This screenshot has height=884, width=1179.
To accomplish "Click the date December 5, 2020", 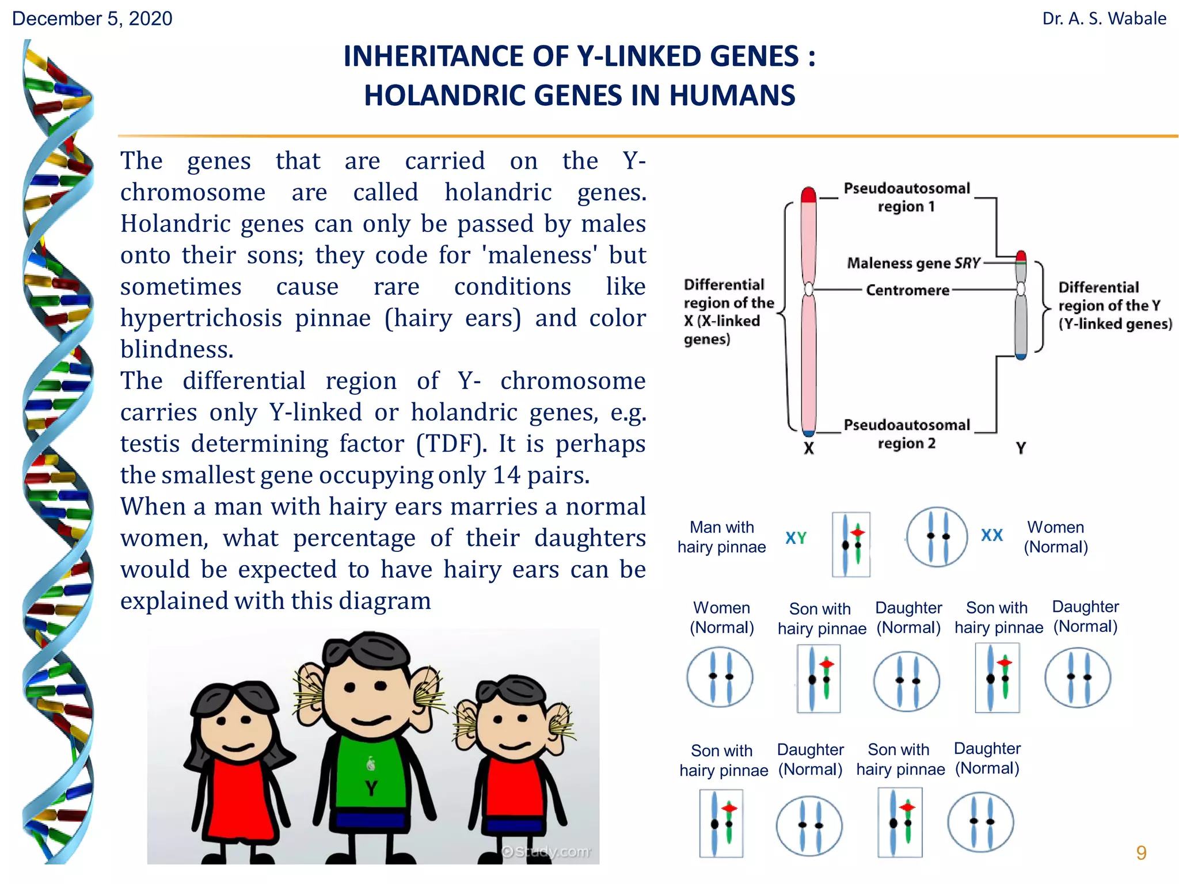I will coord(92,18).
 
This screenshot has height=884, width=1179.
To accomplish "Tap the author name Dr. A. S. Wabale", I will coord(1104,18).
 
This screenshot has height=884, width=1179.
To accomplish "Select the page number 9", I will coord(1141,852).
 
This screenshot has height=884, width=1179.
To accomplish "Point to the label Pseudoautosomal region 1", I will coord(907,197).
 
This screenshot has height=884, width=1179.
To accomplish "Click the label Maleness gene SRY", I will coord(913,263).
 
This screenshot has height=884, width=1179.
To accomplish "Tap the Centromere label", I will coord(907,290).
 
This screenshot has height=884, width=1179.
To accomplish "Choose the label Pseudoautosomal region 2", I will coord(907,434).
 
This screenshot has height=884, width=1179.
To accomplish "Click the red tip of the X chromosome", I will coord(808,195).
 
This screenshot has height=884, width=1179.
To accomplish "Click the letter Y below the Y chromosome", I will coord(1021,448).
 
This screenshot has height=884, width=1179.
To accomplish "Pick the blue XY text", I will coord(796,538).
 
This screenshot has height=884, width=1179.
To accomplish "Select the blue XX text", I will coord(992,535).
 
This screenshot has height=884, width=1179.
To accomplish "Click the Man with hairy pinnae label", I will coord(722,537).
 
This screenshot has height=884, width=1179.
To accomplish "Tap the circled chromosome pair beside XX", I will coord(937,537).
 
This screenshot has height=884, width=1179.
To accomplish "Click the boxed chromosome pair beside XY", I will coord(851,544).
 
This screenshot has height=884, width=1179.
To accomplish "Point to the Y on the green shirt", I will coord(371,788).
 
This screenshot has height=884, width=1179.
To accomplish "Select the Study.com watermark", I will coord(546,851).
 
